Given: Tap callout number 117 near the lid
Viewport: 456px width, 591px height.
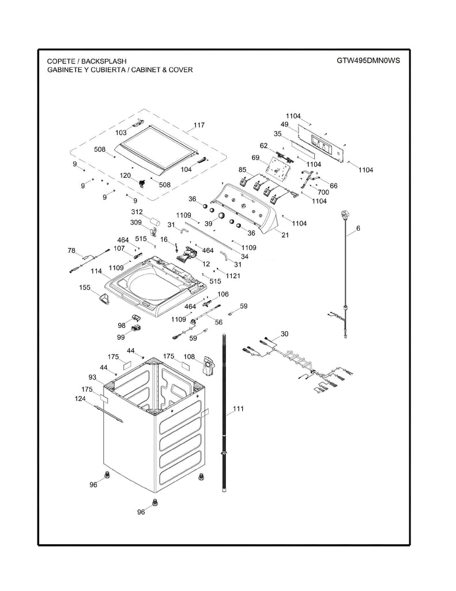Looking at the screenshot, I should (x=199, y=125).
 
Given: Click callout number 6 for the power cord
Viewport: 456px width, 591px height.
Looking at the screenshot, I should (x=358, y=229).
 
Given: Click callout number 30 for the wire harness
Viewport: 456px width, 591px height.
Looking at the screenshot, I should (x=284, y=334).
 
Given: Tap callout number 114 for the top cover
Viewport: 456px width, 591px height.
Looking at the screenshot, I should (x=96, y=271).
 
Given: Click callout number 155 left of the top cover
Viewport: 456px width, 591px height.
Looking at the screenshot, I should (x=85, y=287).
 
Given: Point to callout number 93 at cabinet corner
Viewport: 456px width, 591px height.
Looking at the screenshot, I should (x=92, y=377).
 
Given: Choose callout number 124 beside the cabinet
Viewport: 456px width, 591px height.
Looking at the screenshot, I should (x=80, y=398).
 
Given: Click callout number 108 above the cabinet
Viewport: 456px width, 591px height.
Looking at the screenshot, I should (x=189, y=357).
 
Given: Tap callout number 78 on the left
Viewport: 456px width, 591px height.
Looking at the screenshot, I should (x=71, y=250).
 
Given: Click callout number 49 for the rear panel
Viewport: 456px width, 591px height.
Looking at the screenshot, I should (x=284, y=124).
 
